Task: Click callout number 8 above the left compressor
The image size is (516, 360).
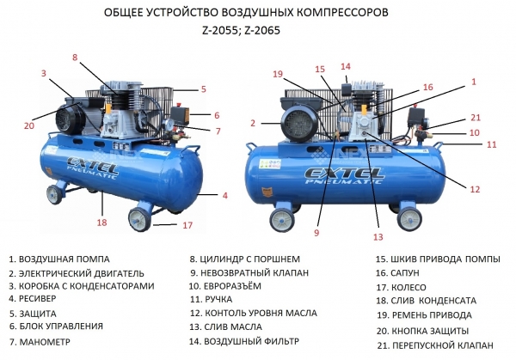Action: point(75,58)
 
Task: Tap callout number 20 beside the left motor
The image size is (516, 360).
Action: point(29,125)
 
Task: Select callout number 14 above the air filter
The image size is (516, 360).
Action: point(346,66)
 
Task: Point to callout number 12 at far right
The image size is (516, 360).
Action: point(475,189)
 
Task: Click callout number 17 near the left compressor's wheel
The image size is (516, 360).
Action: point(187,225)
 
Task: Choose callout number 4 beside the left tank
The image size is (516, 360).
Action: point(225,195)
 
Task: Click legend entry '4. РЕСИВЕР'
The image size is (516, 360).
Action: point(33,298)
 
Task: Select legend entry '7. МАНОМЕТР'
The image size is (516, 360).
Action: point(40,342)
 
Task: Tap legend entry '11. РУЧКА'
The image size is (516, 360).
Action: point(211,299)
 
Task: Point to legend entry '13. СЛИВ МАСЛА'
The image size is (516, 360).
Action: point(225,326)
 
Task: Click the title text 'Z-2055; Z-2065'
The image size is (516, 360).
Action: point(242,30)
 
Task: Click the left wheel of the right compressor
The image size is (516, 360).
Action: point(282,220)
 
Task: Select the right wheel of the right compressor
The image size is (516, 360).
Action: point(409,220)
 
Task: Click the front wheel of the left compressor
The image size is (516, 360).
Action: point(139,220)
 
